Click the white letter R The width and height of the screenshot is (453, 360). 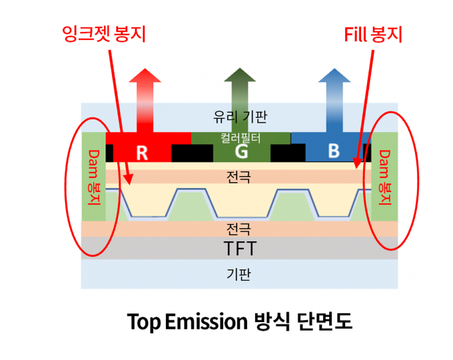coord(142,153)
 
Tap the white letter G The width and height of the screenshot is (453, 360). coord(240,152)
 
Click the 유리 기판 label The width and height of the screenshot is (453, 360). coord(240,117)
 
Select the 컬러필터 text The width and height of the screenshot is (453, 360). coord(240,137)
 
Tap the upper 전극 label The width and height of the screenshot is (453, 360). coord(239,177)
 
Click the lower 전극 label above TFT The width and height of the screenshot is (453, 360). coord(239,229)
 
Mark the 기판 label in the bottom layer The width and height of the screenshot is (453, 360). coord(239,273)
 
